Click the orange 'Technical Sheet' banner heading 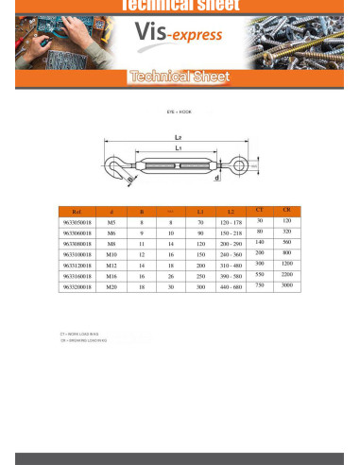(179, 77)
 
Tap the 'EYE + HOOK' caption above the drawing (179, 112)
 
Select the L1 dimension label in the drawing (179, 149)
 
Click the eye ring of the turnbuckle (239, 167)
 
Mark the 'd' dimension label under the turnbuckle (217, 178)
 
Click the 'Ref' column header (77, 213)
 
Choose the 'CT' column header (260, 208)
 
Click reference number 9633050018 (77, 222)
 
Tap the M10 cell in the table (111, 253)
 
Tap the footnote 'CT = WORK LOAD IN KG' (79, 335)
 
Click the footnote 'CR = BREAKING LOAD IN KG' (83, 340)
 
